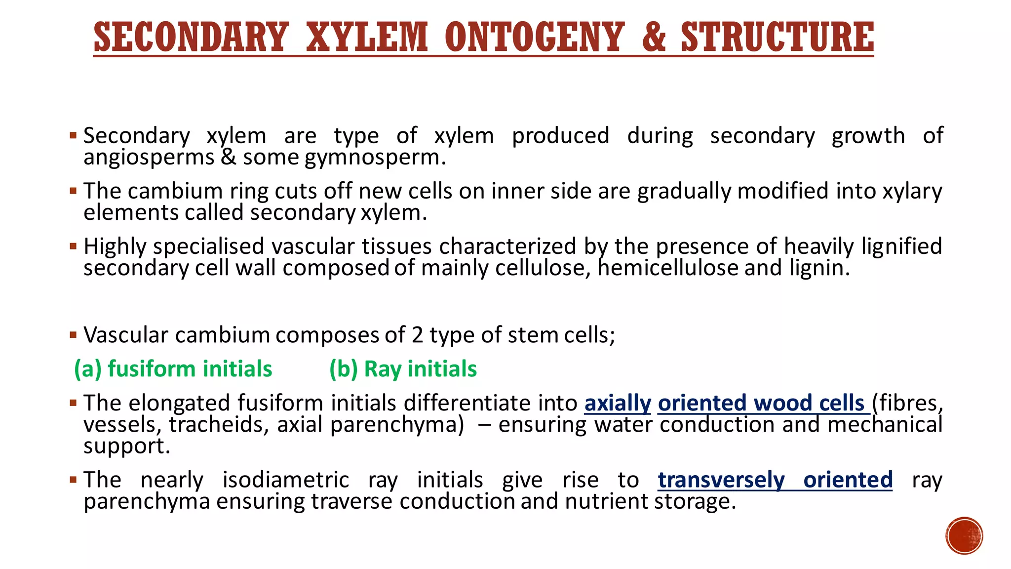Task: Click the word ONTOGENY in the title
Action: [534, 37]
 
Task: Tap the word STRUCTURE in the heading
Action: [777, 37]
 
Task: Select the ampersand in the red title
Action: [655, 37]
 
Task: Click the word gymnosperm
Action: [375, 158]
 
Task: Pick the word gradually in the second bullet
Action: [684, 191]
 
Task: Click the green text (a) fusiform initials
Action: [173, 369]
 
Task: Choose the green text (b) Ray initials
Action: [403, 369]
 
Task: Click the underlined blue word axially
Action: [618, 403]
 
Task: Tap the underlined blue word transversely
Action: [721, 480]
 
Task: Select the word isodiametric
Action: [286, 480]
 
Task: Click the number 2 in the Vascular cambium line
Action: [417, 335]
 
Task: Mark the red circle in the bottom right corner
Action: [964, 536]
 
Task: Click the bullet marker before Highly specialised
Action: [74, 245]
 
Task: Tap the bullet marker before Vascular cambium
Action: [74, 335]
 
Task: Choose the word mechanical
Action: [885, 425]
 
